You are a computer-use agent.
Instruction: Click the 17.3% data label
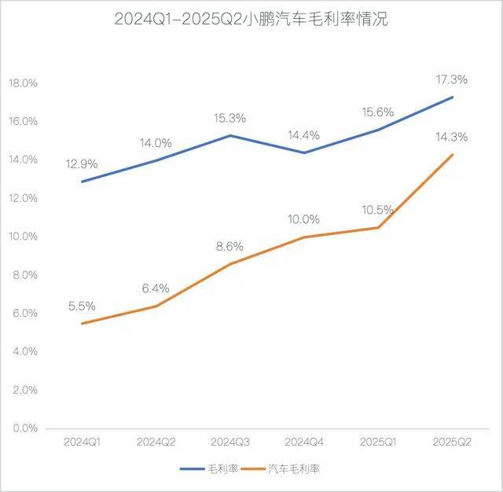point(451,79)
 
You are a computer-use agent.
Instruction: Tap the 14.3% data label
point(451,137)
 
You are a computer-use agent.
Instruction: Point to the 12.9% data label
point(82,163)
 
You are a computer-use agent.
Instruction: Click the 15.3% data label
point(229,118)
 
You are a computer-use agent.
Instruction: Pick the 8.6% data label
point(229,246)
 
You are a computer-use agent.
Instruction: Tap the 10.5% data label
point(377,210)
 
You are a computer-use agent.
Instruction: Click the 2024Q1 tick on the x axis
point(82,443)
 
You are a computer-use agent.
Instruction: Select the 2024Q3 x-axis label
point(229,443)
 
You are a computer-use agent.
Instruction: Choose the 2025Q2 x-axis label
point(451,443)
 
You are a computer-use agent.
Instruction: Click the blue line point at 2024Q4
point(303,152)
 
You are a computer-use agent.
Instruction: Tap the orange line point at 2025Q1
point(377,227)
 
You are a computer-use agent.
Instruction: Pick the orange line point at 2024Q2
point(156,306)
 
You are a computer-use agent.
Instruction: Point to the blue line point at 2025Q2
point(451,97)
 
